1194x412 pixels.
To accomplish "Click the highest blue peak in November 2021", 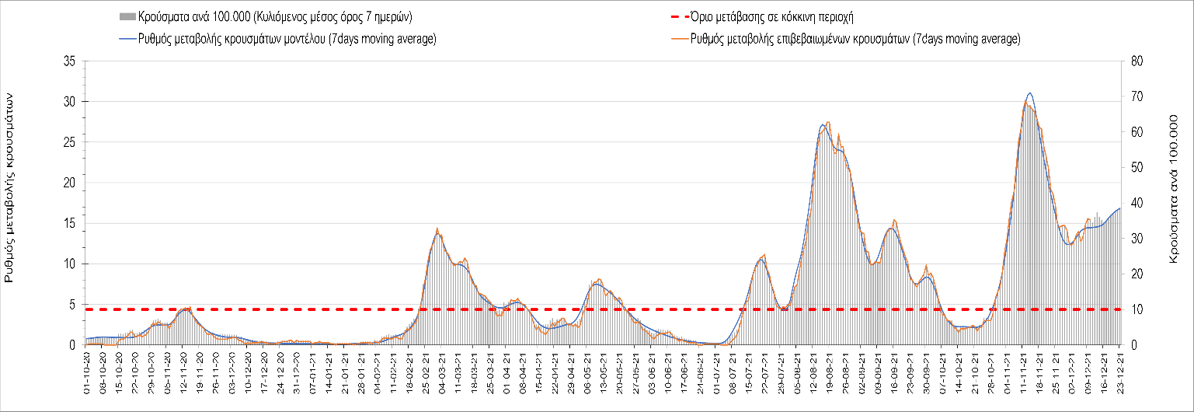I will click(1029, 93).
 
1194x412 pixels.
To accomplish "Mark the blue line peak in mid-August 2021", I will click(822, 124).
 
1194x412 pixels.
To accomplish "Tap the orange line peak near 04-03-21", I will click(437, 229).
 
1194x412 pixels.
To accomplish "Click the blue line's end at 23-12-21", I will click(1119, 208).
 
